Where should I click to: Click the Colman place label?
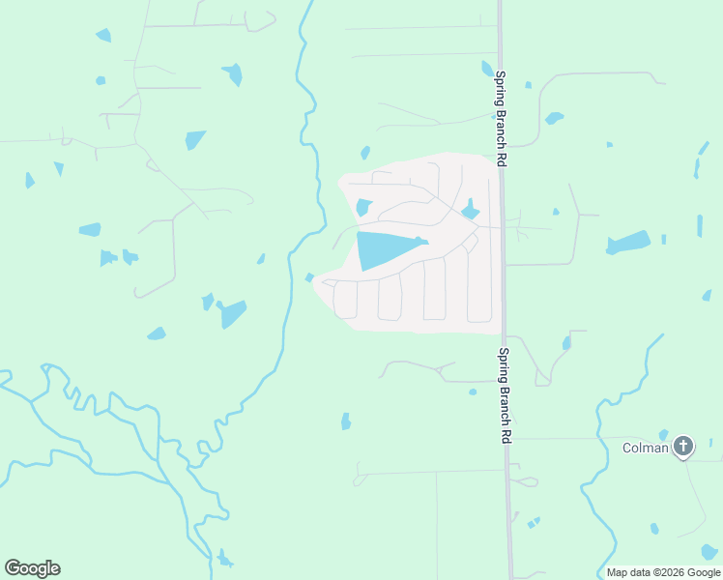[645, 447]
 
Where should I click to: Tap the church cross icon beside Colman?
[683, 447]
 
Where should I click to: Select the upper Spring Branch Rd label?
[501, 119]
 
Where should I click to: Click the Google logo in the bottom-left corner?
[32, 568]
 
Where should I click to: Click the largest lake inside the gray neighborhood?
[387, 249]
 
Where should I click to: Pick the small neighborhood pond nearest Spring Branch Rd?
[471, 211]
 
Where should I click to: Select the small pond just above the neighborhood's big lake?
[363, 207]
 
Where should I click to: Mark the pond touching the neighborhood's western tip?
[309, 277]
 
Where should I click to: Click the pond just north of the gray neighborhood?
[365, 153]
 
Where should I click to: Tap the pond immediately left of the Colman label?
[663, 435]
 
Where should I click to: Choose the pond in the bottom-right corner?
[709, 552]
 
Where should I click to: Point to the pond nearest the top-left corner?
[103, 36]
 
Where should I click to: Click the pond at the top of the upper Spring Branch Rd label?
[488, 69]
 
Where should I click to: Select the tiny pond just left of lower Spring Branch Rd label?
[473, 391]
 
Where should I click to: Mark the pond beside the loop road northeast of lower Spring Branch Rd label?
[566, 342]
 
